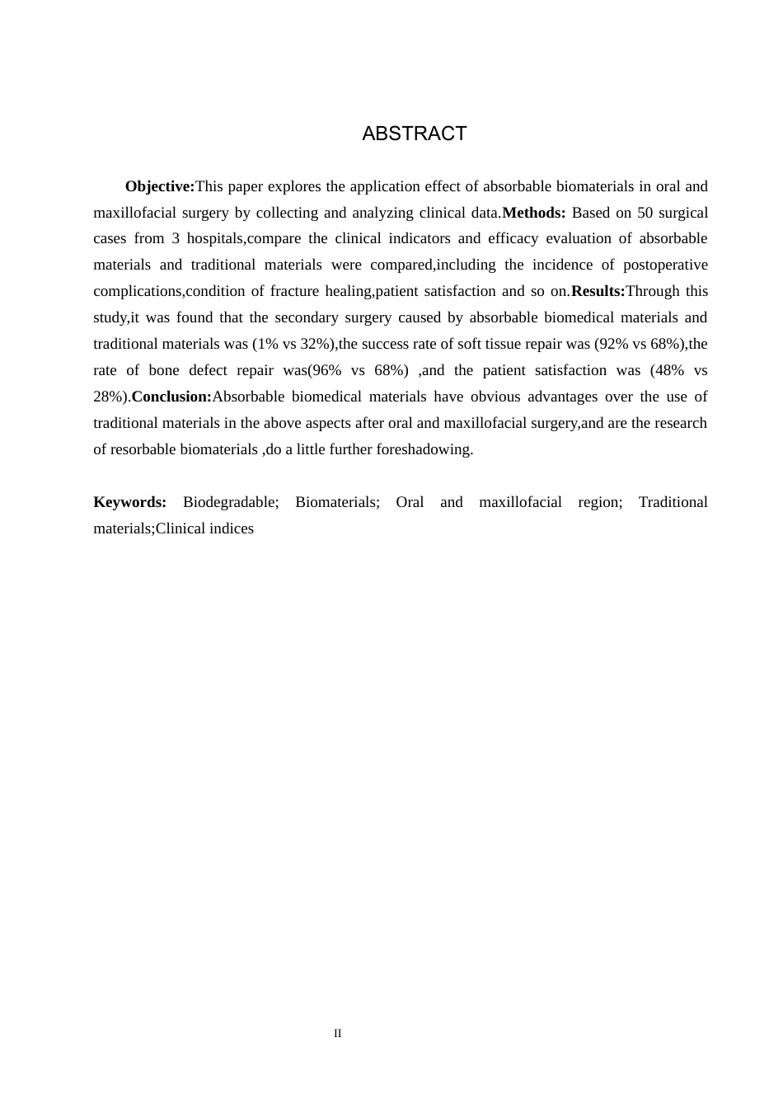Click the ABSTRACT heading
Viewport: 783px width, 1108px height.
point(414,134)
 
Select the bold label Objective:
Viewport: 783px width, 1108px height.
point(160,186)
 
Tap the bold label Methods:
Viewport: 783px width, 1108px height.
point(533,213)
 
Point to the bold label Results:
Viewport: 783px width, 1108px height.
point(598,291)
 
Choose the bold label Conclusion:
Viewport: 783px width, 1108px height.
point(171,397)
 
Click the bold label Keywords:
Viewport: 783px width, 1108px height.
point(129,502)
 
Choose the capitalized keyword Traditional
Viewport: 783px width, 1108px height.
point(673,502)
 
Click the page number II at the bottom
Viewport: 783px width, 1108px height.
point(338,1033)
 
